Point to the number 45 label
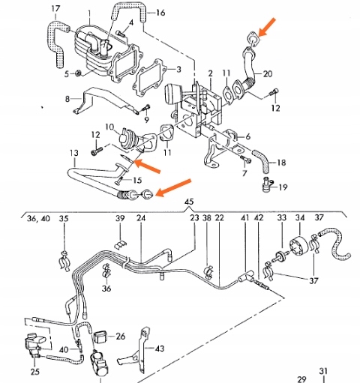(x=189, y=202)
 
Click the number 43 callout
(x=159, y=349)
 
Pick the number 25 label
(x=35, y=372)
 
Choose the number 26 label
(x=121, y=335)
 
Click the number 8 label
(x=67, y=98)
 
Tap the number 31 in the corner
(x=324, y=370)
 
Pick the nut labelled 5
(x=79, y=73)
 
